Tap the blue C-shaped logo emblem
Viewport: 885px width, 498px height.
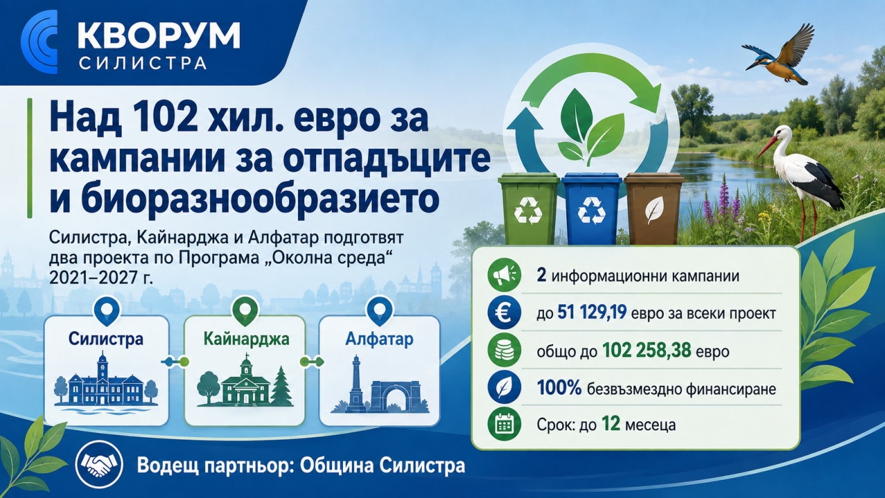(39, 41)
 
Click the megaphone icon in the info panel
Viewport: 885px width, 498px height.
(504, 276)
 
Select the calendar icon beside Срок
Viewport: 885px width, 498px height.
(504, 425)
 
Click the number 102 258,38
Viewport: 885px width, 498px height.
(646, 351)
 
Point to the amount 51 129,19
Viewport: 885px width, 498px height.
(592, 313)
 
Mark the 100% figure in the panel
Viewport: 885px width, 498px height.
(559, 389)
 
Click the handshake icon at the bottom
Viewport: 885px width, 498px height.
(99, 466)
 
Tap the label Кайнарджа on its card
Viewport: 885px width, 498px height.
(246, 339)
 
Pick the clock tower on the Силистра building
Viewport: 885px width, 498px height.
(103, 367)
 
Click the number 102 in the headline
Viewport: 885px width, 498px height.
(162, 118)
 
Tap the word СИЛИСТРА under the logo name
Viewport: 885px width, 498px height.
(142, 63)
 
